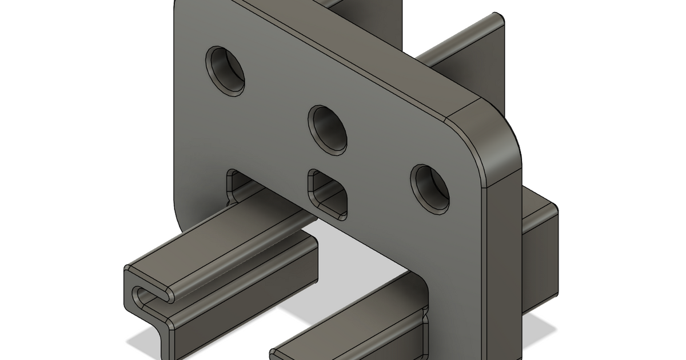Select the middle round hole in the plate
pyautogui.click(x=328, y=129)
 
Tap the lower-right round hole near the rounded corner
pyautogui.click(x=430, y=189)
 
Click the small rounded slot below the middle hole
pyautogui.click(x=328, y=194)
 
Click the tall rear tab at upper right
pyautogui.click(x=480, y=57)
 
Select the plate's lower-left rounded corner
pyautogui.click(x=180, y=214)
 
